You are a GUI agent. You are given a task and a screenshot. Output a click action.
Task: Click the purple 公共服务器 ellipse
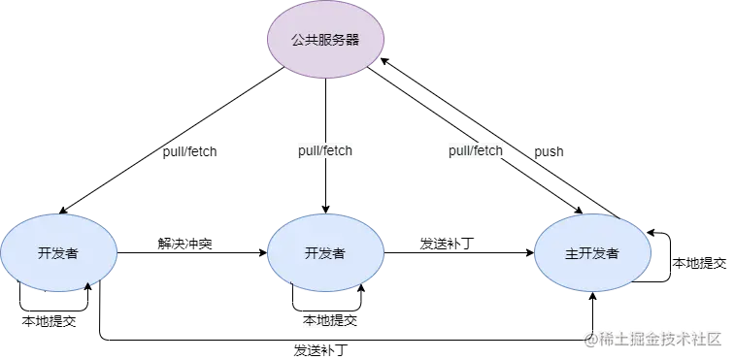pyautogui.click(x=325, y=40)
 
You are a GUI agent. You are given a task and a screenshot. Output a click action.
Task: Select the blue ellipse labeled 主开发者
pyautogui.click(x=592, y=253)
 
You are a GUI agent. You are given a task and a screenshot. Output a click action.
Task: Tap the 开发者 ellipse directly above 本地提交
pyautogui.click(x=325, y=253)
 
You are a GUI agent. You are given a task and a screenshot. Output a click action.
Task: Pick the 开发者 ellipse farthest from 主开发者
pyautogui.click(x=58, y=253)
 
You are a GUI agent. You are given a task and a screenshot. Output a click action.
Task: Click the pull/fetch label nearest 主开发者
pyautogui.click(x=476, y=151)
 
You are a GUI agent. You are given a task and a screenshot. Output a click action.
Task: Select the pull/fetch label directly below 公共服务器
pyautogui.click(x=326, y=151)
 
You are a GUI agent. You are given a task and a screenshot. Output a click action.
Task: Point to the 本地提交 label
pyautogui.click(x=330, y=320)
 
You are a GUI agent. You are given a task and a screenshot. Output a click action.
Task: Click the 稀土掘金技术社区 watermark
pyautogui.click(x=660, y=338)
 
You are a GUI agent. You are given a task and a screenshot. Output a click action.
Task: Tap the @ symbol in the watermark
pyautogui.click(x=589, y=338)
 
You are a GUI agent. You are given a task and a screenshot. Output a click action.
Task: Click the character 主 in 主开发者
pyautogui.click(x=571, y=253)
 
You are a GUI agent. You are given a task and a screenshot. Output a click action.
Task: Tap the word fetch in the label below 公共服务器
pyautogui.click(x=339, y=151)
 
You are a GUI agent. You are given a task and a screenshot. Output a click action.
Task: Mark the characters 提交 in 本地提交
pyautogui.click(x=343, y=320)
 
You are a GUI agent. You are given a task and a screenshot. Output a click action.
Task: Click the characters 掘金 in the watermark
pyautogui.click(x=645, y=338)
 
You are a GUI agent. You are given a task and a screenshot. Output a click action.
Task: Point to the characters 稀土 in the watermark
pyautogui.click(x=612, y=338)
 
